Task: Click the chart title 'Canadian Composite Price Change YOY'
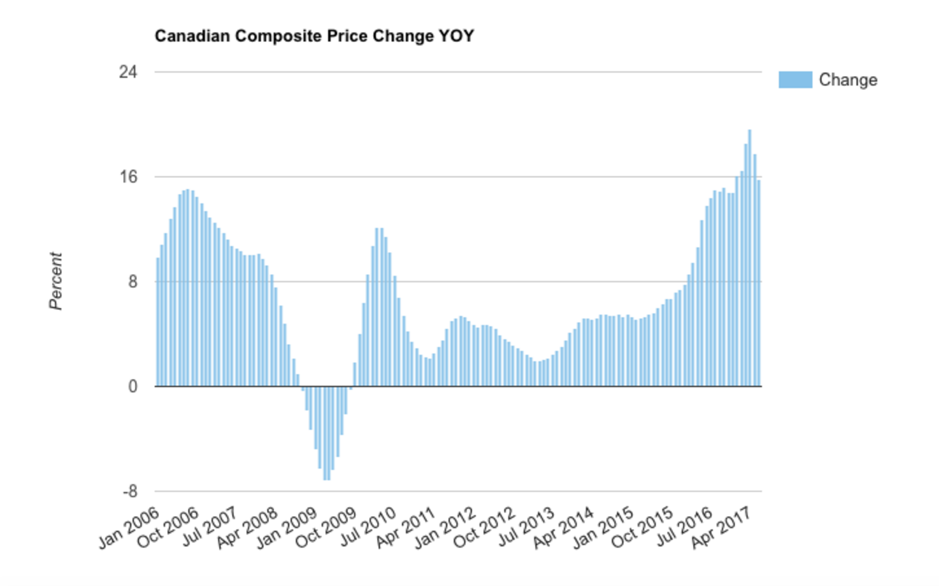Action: tap(314, 36)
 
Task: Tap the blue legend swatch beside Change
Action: tap(795, 80)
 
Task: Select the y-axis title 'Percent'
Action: tap(55, 281)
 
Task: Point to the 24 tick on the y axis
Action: tap(128, 72)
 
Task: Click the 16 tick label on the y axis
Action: tap(128, 176)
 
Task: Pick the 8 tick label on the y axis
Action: tap(132, 281)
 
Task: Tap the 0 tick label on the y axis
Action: tap(132, 386)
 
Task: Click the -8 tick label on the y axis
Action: tap(129, 491)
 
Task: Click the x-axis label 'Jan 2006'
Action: tap(129, 528)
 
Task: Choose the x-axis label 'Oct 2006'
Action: tap(168, 528)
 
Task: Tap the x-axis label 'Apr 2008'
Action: tap(247, 528)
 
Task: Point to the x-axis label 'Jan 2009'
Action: tap(286, 528)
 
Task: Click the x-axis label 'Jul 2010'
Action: tap(368, 528)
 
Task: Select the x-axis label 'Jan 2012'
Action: tap(445, 528)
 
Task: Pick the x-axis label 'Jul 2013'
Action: tap(526, 528)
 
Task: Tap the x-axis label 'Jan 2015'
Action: tap(603, 528)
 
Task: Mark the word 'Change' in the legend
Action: tap(848, 80)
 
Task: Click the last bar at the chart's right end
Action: tap(759, 283)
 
